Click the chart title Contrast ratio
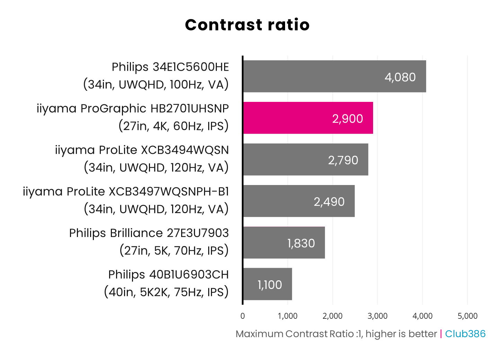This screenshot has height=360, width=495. pyautogui.click(x=247, y=25)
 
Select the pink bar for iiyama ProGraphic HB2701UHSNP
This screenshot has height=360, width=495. pyautogui.click(x=308, y=118)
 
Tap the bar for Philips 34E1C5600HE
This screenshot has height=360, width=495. pyautogui.click(x=334, y=76)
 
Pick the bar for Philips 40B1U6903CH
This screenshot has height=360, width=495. pyautogui.click(x=267, y=284)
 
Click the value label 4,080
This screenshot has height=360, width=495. pyautogui.click(x=400, y=77)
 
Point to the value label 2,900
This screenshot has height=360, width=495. pyautogui.click(x=347, y=119)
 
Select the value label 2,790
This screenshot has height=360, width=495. pyautogui.click(x=343, y=160)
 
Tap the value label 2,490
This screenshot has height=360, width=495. pyautogui.click(x=329, y=202)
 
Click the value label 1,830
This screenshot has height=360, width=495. pyautogui.click(x=301, y=244)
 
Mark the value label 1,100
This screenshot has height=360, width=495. pyautogui.click(x=269, y=285)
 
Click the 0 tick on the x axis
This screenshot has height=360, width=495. pyautogui.click(x=242, y=316)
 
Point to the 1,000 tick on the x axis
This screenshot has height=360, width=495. pyautogui.click(x=288, y=316)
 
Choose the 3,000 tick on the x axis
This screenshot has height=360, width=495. pyautogui.click(x=378, y=316)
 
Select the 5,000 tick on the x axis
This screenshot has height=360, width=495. pyautogui.click(x=467, y=316)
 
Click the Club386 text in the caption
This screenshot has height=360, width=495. pyautogui.click(x=465, y=334)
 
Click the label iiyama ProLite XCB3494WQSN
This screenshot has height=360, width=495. pyautogui.click(x=142, y=150)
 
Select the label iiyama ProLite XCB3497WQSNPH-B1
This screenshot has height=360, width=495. pyautogui.click(x=126, y=192)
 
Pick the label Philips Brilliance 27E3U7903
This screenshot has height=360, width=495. pyautogui.click(x=149, y=233)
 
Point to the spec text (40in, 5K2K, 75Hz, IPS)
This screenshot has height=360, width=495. pyautogui.click(x=166, y=292)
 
